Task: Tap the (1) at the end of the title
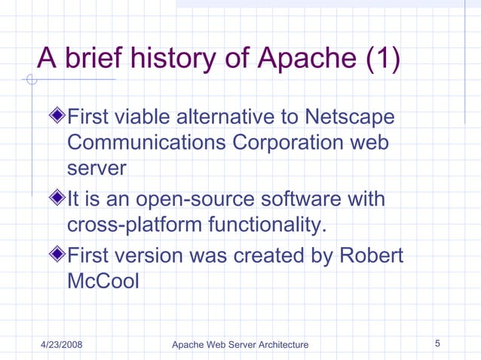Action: point(382,57)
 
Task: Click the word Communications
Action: point(147,143)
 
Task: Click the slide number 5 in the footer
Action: point(438,344)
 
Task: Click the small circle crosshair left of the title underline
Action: point(31,80)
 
